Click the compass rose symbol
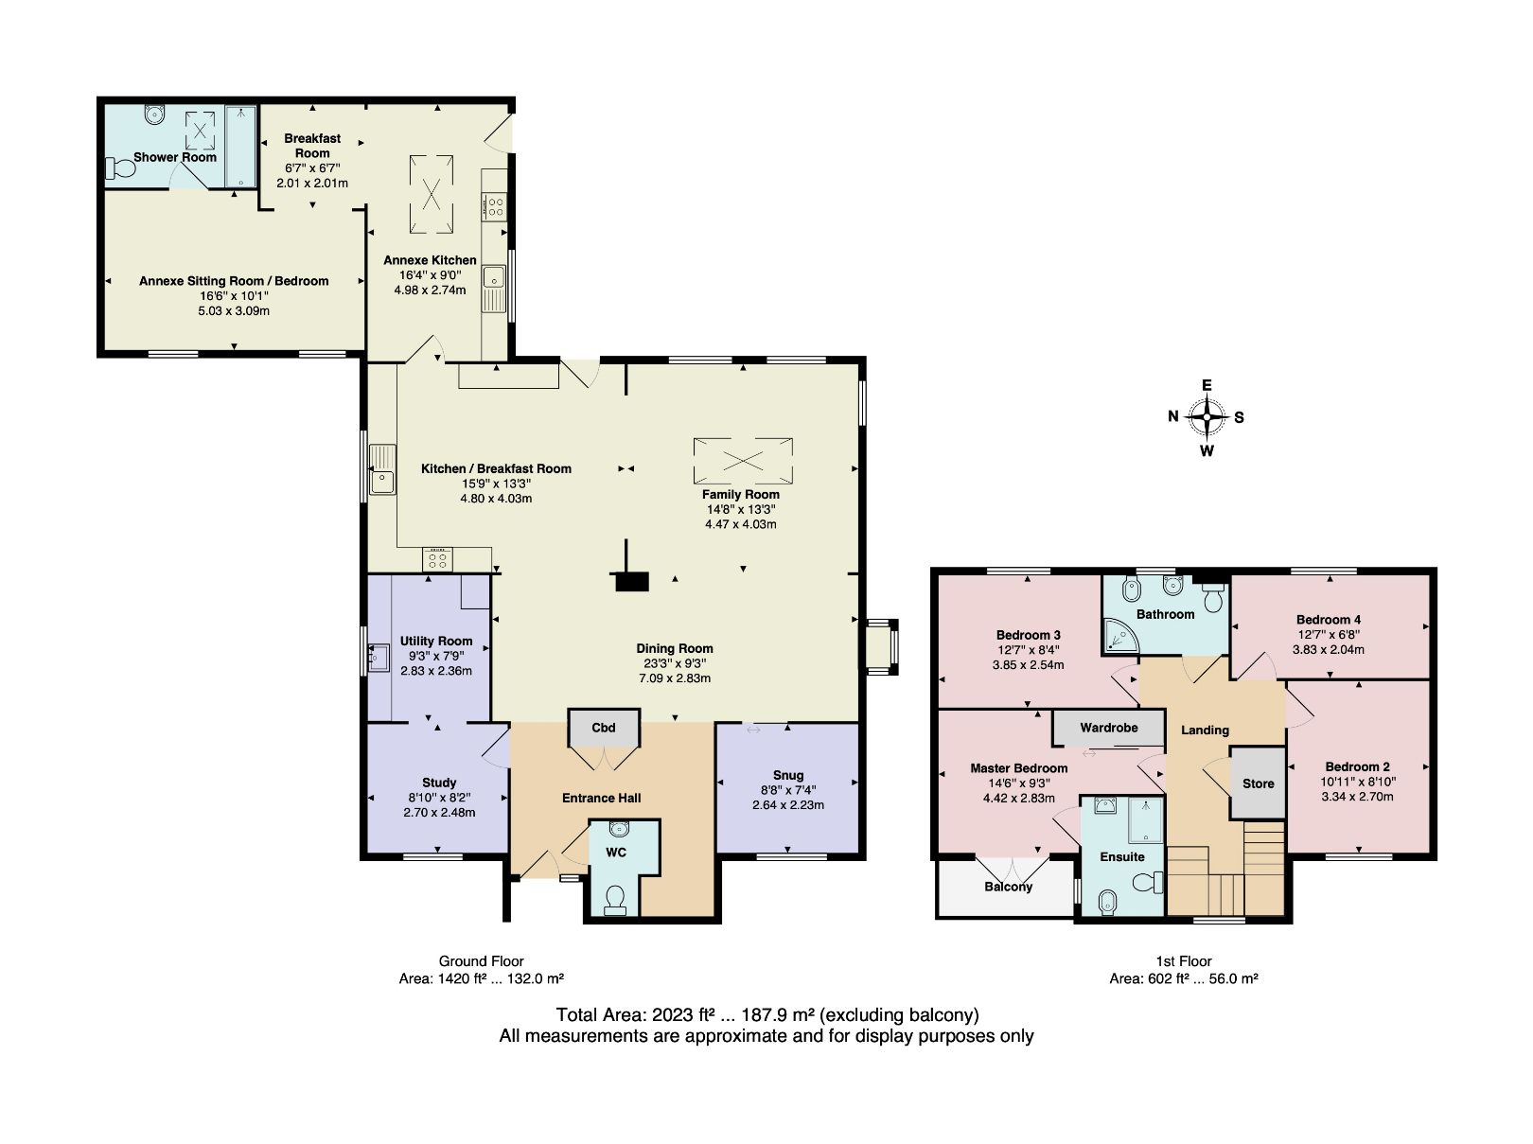pos(1207,416)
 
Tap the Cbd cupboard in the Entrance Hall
pos(604,728)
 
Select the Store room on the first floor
pos(1258,783)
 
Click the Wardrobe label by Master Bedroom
pos(1108,729)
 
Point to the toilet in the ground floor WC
pos(615,899)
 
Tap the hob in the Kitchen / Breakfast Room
pos(438,559)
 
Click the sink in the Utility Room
pos(379,655)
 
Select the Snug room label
pos(787,775)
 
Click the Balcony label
pos(1008,887)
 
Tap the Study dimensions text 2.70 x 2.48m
pos(439,812)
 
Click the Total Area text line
pos(766,1015)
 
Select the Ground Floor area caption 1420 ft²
pos(481,979)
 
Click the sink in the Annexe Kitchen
pos(492,278)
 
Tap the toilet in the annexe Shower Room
pos(119,169)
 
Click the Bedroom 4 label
pos(1329,620)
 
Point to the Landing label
pos(1205,730)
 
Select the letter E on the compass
pos(1207,385)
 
